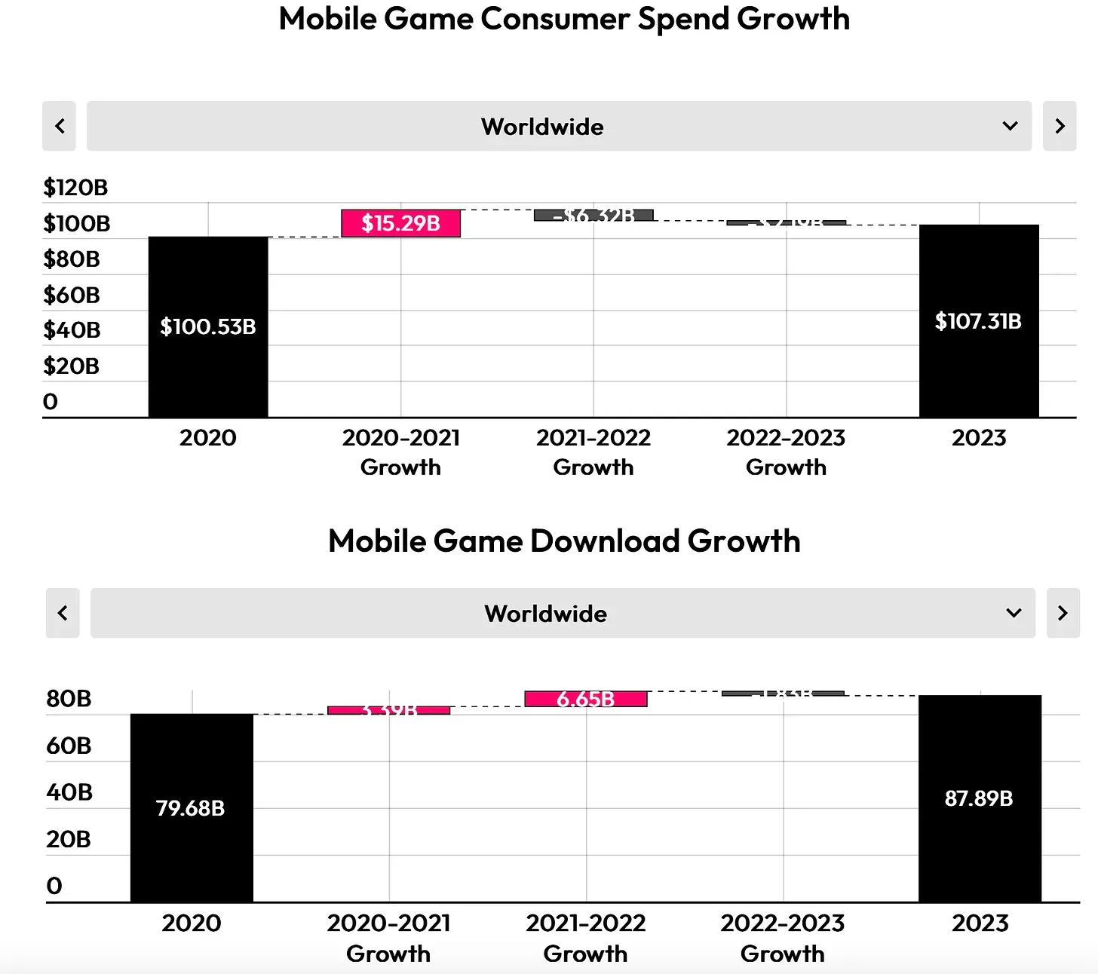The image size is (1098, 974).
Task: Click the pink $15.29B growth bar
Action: (400, 223)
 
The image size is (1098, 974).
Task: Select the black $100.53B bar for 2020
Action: (208, 326)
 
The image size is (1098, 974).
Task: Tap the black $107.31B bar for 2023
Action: (979, 321)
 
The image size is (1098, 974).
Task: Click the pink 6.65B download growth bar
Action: (586, 699)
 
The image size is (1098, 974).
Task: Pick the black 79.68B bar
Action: (192, 807)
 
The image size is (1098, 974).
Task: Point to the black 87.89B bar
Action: (980, 798)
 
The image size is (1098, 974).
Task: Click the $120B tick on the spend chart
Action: (75, 187)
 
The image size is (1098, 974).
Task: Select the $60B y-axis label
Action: (72, 295)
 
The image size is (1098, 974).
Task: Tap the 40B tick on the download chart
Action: (69, 792)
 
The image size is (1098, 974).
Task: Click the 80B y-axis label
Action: (69, 699)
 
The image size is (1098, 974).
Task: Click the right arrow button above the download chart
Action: (1063, 613)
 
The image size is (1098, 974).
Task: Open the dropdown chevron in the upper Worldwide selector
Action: (1011, 126)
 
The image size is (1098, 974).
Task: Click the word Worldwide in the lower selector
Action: (545, 614)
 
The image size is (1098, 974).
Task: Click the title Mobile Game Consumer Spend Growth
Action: (564, 19)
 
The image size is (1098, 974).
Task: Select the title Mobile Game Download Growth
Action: (564, 541)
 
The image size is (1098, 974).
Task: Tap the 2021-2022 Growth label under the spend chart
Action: (593, 452)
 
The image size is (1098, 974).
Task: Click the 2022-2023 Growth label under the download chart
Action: (783, 938)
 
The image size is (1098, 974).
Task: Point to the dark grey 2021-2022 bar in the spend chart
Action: (593, 216)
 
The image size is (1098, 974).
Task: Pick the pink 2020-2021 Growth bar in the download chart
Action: (389, 710)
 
